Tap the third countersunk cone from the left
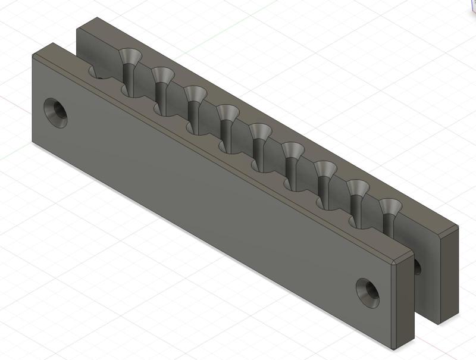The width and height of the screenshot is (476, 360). click(193, 93)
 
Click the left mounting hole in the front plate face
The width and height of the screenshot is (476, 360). click(57, 112)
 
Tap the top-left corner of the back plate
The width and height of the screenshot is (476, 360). click(80, 22)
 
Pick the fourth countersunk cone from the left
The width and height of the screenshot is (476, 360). click(226, 112)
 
